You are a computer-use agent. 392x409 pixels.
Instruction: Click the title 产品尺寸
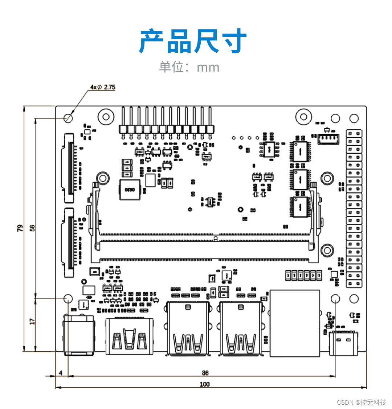click(193, 41)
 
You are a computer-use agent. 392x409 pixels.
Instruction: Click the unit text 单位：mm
click(189, 67)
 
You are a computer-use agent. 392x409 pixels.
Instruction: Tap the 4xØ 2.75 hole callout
click(103, 87)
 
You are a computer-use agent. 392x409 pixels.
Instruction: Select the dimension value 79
click(20, 228)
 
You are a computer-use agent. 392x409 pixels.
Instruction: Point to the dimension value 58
click(32, 228)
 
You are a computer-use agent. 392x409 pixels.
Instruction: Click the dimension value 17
click(32, 321)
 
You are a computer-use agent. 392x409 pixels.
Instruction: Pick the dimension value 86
click(205, 373)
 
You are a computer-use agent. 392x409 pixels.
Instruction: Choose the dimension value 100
click(205, 384)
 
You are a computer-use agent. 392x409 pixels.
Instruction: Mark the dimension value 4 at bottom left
click(61, 373)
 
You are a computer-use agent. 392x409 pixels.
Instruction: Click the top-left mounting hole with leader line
click(68, 118)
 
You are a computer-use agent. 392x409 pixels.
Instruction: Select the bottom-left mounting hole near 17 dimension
click(68, 299)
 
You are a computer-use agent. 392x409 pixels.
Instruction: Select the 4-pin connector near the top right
click(328, 138)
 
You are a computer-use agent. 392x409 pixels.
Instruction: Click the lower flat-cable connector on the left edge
click(69, 243)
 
